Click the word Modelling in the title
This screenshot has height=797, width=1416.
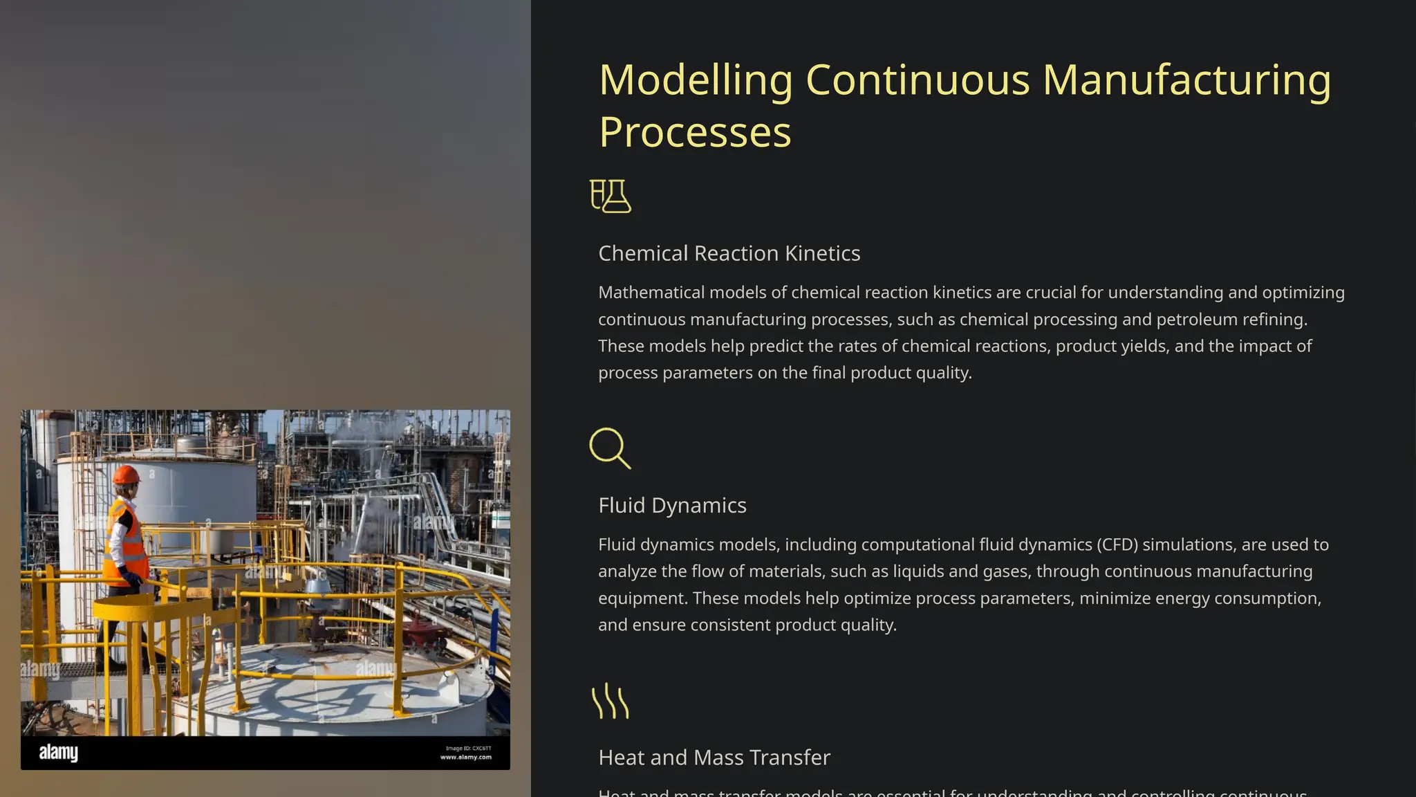pyautogui.click(x=696, y=80)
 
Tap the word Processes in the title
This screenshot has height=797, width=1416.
pyautogui.click(x=695, y=132)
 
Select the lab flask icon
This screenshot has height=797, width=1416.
pyautogui.click(x=611, y=196)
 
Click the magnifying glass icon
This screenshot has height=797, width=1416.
pyautogui.click(x=610, y=448)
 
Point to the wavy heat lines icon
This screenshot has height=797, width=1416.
pyautogui.click(x=611, y=701)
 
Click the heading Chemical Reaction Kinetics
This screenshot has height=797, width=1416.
pyautogui.click(x=729, y=253)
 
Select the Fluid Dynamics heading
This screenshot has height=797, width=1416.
pyautogui.click(x=672, y=505)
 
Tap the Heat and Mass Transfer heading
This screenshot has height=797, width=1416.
pyautogui.click(x=714, y=758)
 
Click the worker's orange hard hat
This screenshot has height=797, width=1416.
pyautogui.click(x=126, y=475)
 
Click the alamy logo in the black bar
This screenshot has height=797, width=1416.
pyautogui.click(x=59, y=752)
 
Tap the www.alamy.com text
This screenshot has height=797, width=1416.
pyautogui.click(x=466, y=757)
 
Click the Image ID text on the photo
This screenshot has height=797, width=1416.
pyautogui.click(x=468, y=748)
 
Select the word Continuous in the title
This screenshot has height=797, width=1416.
pyautogui.click(x=917, y=80)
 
